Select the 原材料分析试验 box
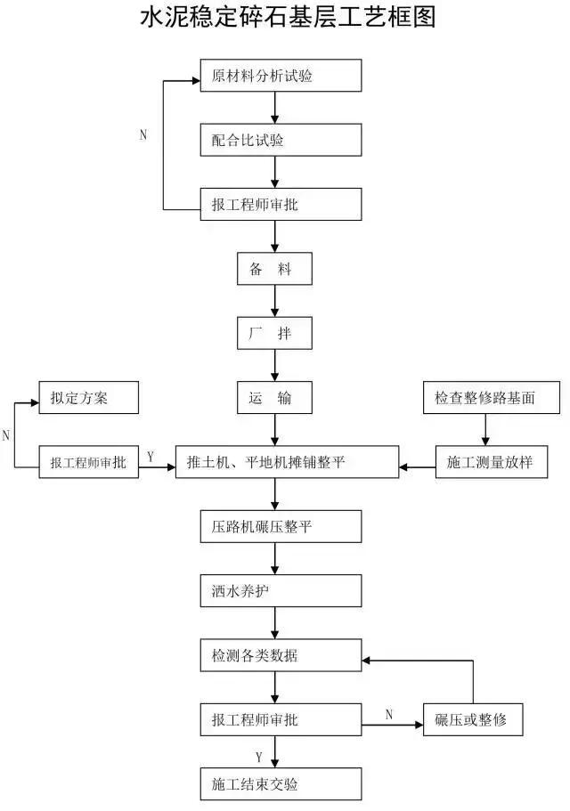[x=281, y=76]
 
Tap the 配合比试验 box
[x=281, y=140]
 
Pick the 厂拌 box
[x=275, y=334]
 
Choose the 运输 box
[x=275, y=398]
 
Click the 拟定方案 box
[x=88, y=398]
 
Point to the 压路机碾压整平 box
[x=281, y=527]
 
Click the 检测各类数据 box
[x=281, y=656]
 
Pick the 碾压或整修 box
[x=473, y=719]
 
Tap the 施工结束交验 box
[x=281, y=784]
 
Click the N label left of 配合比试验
[x=143, y=135]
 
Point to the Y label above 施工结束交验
[x=258, y=757]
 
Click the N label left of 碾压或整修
[x=389, y=713]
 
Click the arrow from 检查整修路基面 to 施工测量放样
[x=485, y=430]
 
